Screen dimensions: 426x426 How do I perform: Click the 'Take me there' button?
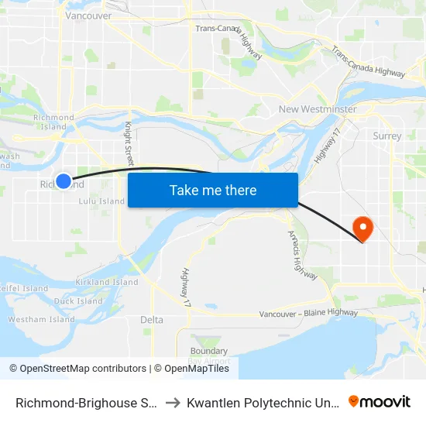click(213, 191)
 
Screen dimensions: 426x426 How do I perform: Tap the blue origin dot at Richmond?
click(64, 180)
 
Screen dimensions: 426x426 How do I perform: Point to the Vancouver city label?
click(88, 15)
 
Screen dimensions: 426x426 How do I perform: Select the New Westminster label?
click(318, 109)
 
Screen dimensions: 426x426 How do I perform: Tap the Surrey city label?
click(386, 136)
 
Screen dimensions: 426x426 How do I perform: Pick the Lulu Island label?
click(101, 201)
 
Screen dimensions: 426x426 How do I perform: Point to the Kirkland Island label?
click(107, 283)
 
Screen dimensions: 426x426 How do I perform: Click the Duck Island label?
click(78, 301)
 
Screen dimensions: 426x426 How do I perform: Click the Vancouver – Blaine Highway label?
click(308, 314)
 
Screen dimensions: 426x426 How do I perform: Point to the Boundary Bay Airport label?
click(209, 356)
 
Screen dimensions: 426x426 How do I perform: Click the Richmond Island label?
click(53, 122)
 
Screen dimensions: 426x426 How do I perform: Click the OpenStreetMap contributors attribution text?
click(79, 369)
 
